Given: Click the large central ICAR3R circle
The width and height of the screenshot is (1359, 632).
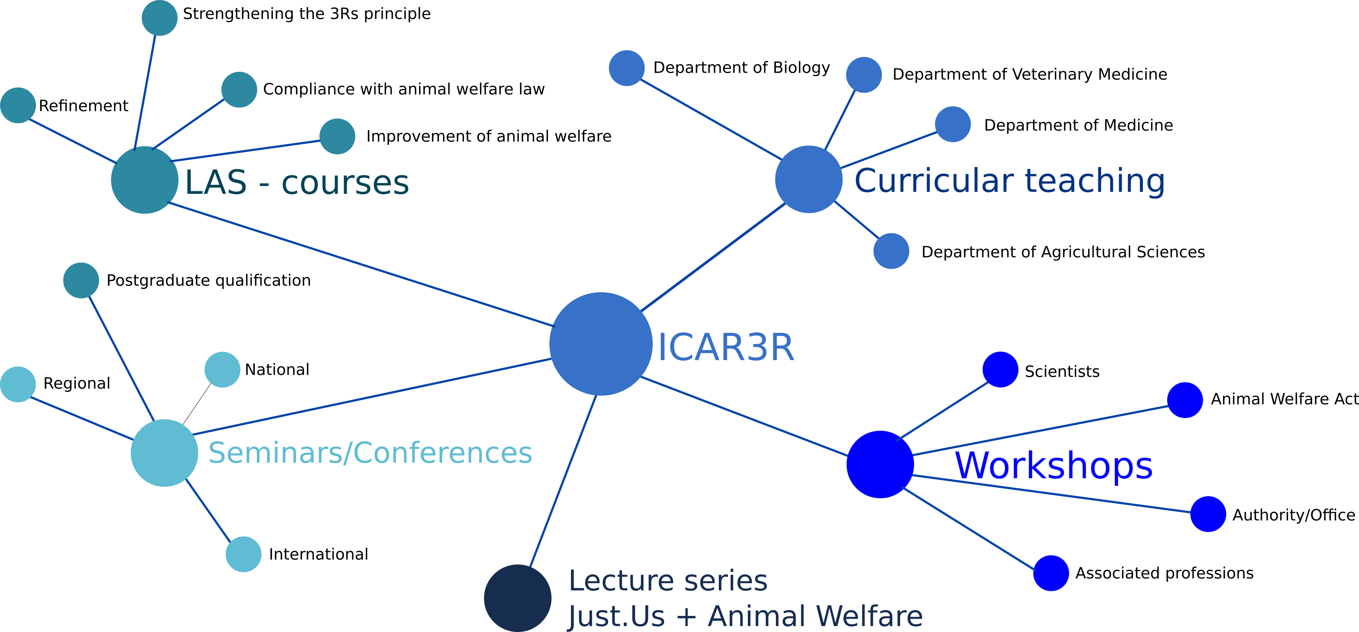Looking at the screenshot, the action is pyautogui.click(x=601, y=344).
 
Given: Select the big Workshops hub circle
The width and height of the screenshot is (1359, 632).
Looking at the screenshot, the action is pyautogui.click(x=880, y=464).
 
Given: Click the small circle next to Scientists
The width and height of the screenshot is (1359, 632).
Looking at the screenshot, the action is pyautogui.click(x=1000, y=370).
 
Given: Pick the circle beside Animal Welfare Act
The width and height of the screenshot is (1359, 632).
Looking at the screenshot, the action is pyautogui.click(x=1185, y=400).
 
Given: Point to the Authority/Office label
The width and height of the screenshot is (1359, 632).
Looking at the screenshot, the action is pyautogui.click(x=1294, y=515).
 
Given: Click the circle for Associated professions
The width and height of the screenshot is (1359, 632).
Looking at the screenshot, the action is pyautogui.click(x=1051, y=573).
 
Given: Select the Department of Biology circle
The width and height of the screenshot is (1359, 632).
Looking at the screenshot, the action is pyautogui.click(x=627, y=68).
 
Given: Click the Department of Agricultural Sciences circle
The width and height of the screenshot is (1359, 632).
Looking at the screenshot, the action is pyautogui.click(x=891, y=251).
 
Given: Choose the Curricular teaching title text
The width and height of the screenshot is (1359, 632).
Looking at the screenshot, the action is pyautogui.click(x=1010, y=181).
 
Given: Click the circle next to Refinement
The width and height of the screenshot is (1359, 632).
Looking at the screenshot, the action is pyautogui.click(x=18, y=105).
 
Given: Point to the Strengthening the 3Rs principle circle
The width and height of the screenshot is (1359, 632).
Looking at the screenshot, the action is pyautogui.click(x=159, y=18).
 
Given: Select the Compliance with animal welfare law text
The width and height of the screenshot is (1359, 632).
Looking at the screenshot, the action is pyautogui.click(x=404, y=89).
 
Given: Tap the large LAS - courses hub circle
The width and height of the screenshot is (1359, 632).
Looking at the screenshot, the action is pyautogui.click(x=145, y=180).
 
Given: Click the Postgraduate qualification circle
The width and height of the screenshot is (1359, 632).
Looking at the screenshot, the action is pyautogui.click(x=81, y=280).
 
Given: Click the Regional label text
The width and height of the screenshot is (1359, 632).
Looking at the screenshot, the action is pyautogui.click(x=77, y=383).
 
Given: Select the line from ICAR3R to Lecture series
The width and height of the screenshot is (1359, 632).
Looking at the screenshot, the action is pyautogui.click(x=563, y=481).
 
